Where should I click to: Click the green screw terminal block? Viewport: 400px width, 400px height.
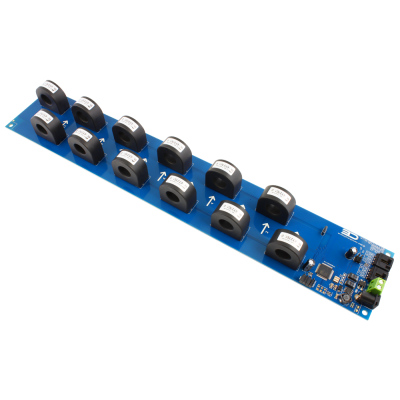click(375, 287)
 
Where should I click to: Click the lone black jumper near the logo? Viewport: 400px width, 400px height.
click(325, 232)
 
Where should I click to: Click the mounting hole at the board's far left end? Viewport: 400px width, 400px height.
click(12, 123)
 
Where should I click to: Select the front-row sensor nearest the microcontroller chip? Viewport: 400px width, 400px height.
click(288, 245)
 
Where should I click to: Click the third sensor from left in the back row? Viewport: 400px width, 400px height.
click(129, 131)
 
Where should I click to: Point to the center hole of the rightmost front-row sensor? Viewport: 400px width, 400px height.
click(287, 251)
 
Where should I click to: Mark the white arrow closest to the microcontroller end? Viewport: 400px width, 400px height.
click(264, 228)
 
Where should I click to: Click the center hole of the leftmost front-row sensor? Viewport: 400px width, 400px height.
click(43, 131)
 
